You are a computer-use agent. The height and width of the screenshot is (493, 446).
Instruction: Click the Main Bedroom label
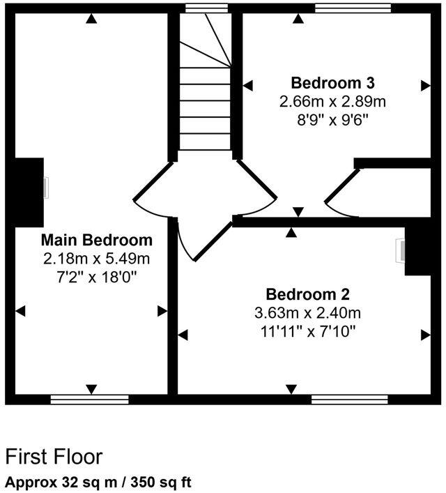click(x=97, y=241)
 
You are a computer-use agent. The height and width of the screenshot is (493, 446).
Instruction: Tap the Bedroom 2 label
click(x=307, y=294)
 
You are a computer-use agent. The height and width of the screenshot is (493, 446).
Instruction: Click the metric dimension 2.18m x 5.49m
click(x=97, y=259)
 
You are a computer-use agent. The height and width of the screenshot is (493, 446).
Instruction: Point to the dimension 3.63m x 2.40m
click(x=307, y=312)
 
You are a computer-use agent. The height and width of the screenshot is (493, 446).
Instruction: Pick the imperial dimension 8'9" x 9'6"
click(x=332, y=120)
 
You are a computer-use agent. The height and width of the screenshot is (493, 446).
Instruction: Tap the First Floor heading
click(x=54, y=457)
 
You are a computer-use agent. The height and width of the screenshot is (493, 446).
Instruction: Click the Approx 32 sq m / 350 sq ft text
click(x=98, y=481)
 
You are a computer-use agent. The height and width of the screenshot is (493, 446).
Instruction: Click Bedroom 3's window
click(x=353, y=8)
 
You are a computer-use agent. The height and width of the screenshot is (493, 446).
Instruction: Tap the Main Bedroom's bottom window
click(x=90, y=400)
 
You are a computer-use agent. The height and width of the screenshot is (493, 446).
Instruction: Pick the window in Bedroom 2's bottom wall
click(x=349, y=400)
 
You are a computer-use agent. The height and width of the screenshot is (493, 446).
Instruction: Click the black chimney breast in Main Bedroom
click(x=29, y=190)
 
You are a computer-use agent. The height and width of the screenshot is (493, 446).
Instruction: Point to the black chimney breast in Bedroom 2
click(x=417, y=250)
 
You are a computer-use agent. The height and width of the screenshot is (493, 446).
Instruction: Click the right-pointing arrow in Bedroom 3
click(x=425, y=85)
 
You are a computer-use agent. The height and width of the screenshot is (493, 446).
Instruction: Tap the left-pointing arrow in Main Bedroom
click(x=21, y=311)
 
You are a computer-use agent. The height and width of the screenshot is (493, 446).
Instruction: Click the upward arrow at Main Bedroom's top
click(x=91, y=19)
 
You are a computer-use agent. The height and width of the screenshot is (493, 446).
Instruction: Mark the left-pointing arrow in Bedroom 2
click(x=183, y=335)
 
